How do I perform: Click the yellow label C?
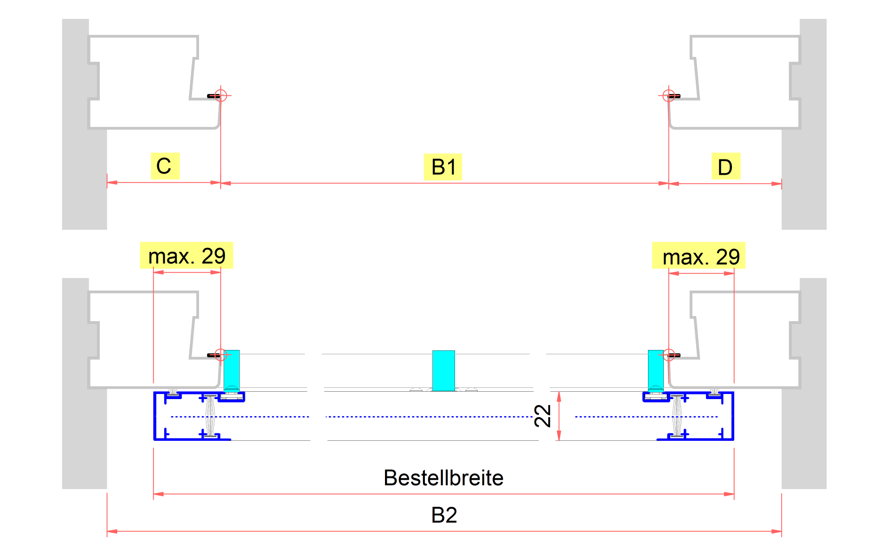(x=165, y=166)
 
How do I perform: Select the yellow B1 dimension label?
(x=443, y=167)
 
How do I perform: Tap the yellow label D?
(x=725, y=167)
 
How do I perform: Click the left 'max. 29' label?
(x=186, y=255)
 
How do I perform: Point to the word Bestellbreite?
(x=443, y=478)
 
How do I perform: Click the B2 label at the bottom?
(x=444, y=515)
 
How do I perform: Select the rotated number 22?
(x=542, y=415)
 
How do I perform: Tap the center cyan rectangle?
(x=443, y=370)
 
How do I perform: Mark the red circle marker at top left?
(x=221, y=95)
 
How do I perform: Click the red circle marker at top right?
(x=668, y=95)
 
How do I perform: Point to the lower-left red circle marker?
(x=221, y=355)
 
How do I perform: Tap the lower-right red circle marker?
(x=668, y=355)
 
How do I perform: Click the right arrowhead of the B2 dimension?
(x=776, y=531)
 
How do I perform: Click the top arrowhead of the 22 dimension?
(x=559, y=396)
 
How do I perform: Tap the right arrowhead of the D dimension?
(x=776, y=184)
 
